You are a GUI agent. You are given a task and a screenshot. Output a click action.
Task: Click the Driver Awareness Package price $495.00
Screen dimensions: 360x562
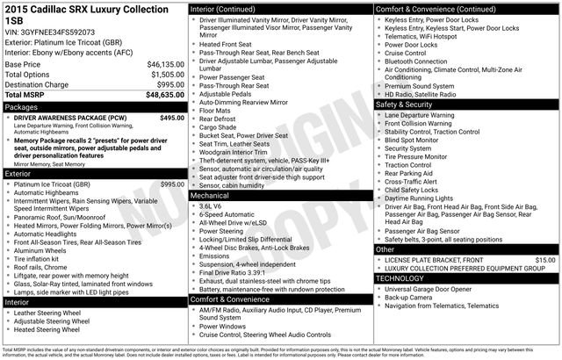(x=172, y=118)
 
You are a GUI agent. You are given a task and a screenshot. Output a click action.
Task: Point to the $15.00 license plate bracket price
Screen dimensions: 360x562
(x=545, y=260)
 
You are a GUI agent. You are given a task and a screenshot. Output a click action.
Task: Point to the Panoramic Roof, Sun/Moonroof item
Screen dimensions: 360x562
(x=69, y=217)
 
